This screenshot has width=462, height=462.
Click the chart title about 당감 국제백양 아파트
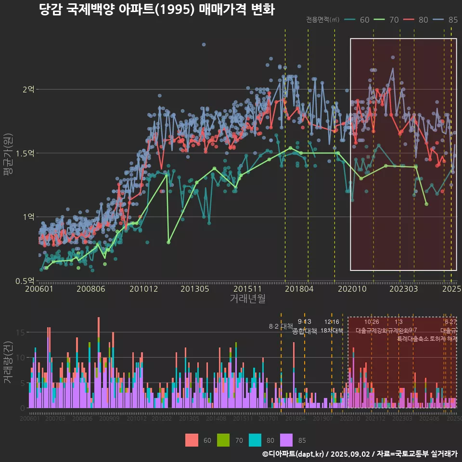[156, 10]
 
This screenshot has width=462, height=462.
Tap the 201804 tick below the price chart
[299, 289]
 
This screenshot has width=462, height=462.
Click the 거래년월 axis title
[247, 299]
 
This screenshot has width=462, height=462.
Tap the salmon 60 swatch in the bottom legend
[192, 440]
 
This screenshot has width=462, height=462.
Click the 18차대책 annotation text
[332, 331]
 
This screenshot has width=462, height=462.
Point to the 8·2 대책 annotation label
[281, 326]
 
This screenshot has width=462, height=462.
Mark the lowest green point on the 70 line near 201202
[168, 242]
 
